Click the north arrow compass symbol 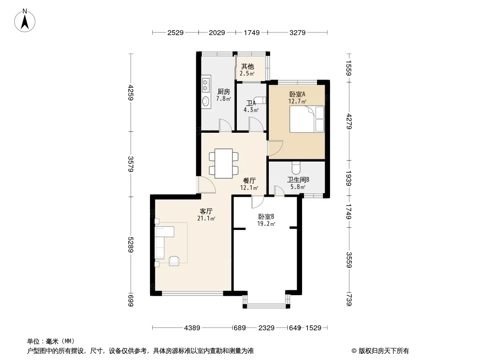25,21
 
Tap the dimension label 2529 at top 176,32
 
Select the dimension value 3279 298,32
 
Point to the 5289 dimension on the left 131,245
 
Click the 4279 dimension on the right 349,121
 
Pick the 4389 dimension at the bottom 192,328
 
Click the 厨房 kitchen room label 223,91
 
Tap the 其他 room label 247,66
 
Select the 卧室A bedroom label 297,94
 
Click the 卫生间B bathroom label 298,180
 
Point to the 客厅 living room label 206,211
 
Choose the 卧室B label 266,216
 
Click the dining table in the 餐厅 223,163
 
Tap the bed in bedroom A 307,119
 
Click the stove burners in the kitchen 206,85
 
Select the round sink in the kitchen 206,101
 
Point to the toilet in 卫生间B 296,167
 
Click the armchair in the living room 174,261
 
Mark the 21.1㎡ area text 206,218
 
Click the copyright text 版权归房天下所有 384,351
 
